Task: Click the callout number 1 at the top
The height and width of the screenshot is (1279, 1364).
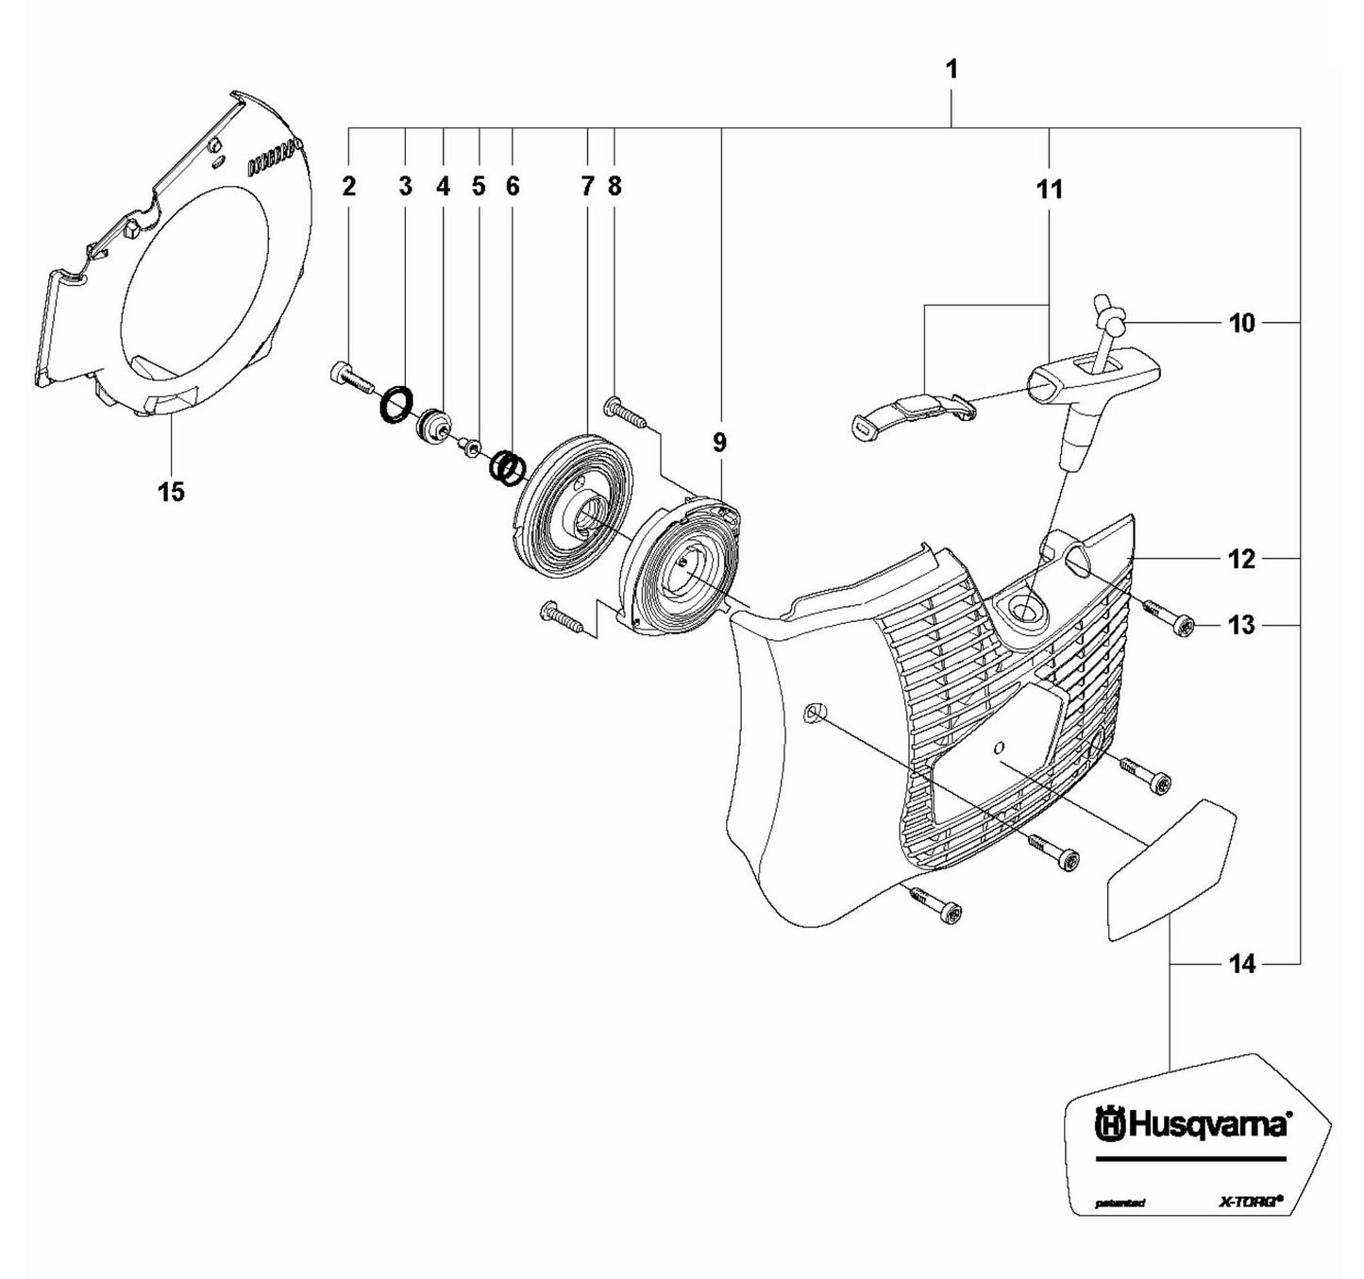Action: click(951, 70)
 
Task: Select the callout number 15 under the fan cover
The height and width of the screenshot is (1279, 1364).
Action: click(172, 492)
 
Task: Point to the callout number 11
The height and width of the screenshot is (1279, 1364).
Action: click(1049, 190)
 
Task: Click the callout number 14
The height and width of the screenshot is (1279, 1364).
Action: click(1242, 964)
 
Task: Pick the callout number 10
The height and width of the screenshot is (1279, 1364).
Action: click(1242, 324)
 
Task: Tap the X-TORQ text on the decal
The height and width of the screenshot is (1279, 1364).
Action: click(1245, 1202)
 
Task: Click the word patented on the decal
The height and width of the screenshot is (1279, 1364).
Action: click(1120, 1203)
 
